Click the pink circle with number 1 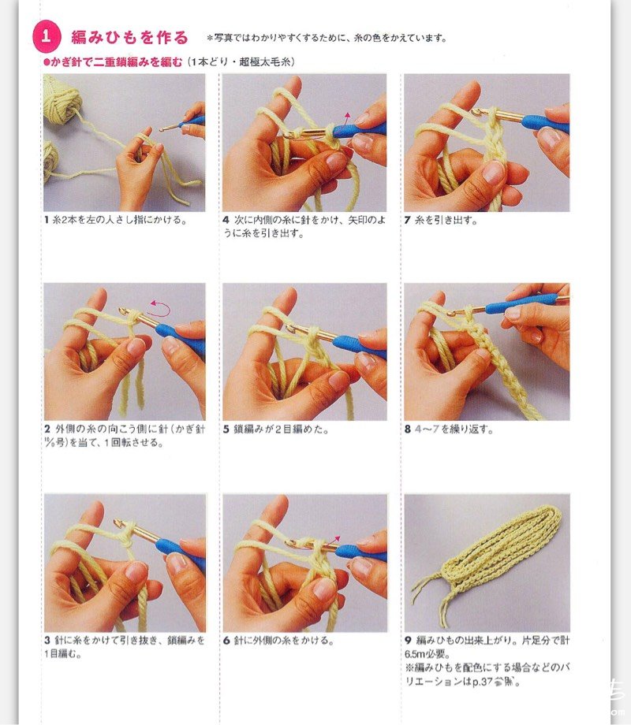pos(47,36)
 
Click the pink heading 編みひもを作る pos(129,37)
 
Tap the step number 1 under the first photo pos(47,220)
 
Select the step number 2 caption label pos(47,429)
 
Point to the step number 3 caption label pos(47,641)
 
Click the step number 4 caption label pos(226,220)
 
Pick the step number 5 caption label pos(226,429)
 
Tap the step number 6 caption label pos(226,641)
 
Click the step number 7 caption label pos(408,220)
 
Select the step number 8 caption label pos(408,429)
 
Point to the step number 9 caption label pos(408,641)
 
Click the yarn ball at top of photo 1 pos(62,99)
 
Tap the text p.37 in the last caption pos(483,682)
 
